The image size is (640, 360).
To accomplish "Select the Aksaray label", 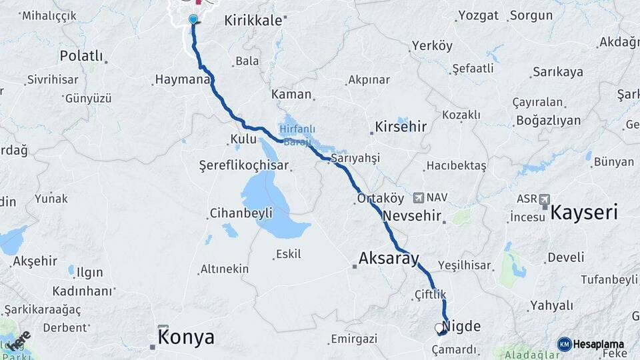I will point(389,258).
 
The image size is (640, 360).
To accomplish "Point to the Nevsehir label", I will point(413,216).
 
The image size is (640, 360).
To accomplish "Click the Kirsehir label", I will point(401,125).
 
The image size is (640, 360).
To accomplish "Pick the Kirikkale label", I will point(253,21).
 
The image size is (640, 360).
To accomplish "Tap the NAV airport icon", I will point(419,197).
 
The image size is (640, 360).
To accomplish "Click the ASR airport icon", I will point(545,199).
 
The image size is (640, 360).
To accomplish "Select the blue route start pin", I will point(193,19).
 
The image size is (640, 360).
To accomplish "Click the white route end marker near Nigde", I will point(439,328).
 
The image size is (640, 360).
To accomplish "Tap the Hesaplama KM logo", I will point(564,344).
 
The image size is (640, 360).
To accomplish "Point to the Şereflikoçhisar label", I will point(244,165).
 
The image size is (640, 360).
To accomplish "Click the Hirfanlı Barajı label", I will point(297,135).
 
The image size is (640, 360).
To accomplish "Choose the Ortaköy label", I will point(381,198).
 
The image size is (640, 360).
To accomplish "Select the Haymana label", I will point(182,79).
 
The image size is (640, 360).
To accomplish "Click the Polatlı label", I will point(81,55).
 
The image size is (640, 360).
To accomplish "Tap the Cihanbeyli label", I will point(241,213).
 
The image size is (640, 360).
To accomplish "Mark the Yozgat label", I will point(479,15).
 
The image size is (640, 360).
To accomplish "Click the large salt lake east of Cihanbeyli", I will point(270,200).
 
